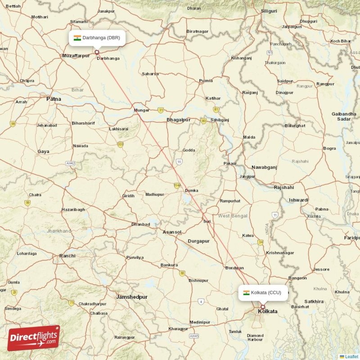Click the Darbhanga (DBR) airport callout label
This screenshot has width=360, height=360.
[x=97, y=38]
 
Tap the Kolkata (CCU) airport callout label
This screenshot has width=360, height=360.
[x=263, y=292]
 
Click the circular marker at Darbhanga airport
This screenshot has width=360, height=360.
[x=97, y=52]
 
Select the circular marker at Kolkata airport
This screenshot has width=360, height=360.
[x=263, y=307]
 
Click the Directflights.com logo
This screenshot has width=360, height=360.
[x=33, y=338]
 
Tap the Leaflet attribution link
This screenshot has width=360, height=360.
[x=351, y=356]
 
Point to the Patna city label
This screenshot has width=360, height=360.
[x=54, y=99]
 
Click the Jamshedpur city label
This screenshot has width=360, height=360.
[x=132, y=297]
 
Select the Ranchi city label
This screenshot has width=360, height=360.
[x=67, y=256]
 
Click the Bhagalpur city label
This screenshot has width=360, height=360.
[x=179, y=120]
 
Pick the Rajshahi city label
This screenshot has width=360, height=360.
[x=284, y=187]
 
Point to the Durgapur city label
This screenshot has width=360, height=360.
[x=198, y=241]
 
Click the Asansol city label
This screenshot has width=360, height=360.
[x=172, y=232]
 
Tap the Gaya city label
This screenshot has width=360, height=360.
[x=43, y=152]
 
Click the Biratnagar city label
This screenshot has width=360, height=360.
[x=198, y=31]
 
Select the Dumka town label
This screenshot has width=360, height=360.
[x=192, y=190]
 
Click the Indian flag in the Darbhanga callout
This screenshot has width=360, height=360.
[x=77, y=38]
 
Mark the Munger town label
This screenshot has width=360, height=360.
[x=142, y=110]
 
